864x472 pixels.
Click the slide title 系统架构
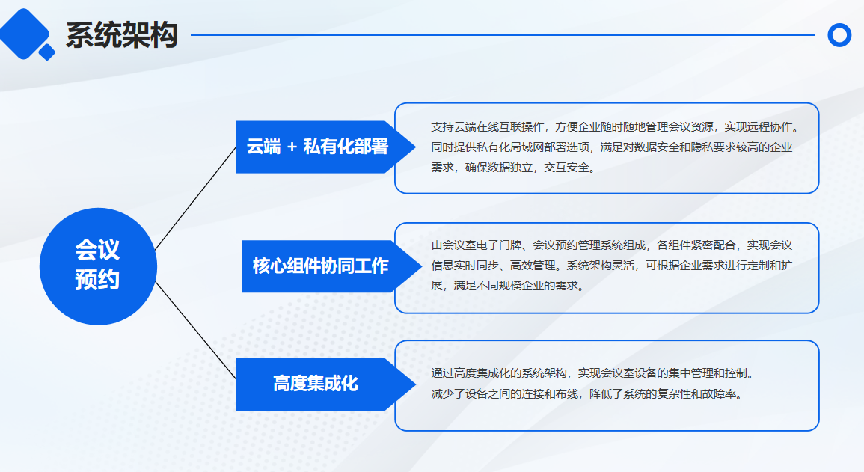(122, 35)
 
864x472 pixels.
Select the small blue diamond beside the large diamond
(47, 52)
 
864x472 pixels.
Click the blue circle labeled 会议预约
(98, 266)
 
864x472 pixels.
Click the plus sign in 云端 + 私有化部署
(292, 147)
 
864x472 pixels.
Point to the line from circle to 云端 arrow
(195, 199)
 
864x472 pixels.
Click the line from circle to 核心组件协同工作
(200, 266)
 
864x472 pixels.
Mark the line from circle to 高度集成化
(195, 331)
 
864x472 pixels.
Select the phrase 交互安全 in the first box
(566, 168)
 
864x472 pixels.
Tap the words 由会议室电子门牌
(476, 245)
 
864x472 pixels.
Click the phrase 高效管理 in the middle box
(533, 266)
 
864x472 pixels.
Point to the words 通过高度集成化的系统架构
(499, 373)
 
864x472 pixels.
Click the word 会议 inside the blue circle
(97, 250)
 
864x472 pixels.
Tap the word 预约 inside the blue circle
(97, 280)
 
